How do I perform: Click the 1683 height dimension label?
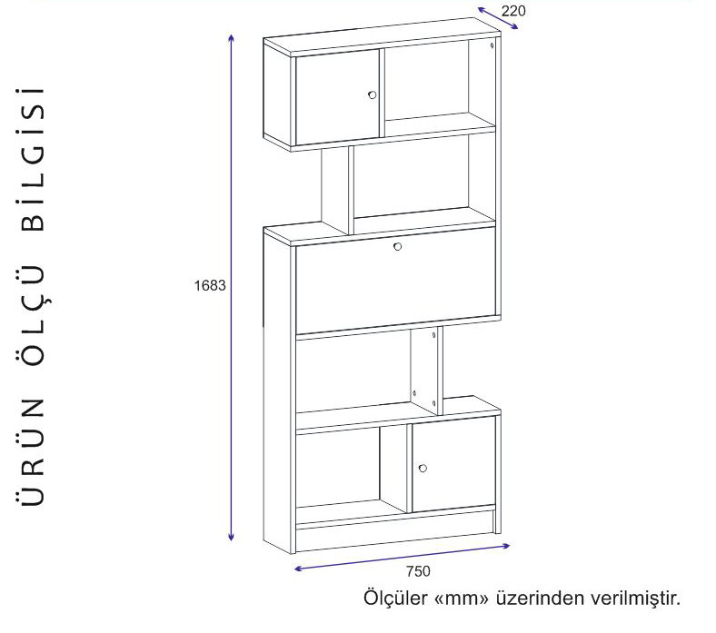pos(210,286)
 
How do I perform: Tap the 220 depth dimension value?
pos(513,11)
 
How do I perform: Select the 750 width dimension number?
pos(418,571)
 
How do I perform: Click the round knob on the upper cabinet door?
pos(373,95)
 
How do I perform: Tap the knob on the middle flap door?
pos(397,246)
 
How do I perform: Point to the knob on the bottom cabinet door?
pos(423,469)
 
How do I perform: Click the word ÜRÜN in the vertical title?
pos(33,451)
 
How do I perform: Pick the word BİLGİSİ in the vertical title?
pos(33,159)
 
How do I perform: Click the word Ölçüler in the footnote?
pos(396,598)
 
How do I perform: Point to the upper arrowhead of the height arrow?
pos(232,37)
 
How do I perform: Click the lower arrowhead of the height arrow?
pos(231,537)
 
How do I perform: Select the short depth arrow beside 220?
pos(498,18)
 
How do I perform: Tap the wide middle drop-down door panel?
pos(395,281)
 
